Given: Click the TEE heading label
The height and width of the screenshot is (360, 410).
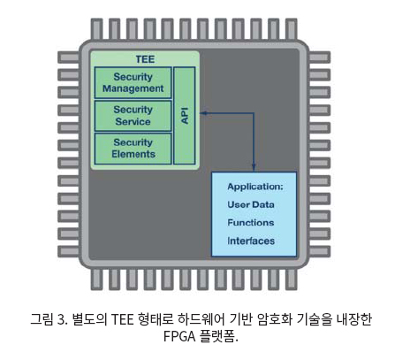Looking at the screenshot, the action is click(145, 59).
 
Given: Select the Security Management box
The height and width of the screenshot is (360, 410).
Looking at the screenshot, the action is click(133, 82).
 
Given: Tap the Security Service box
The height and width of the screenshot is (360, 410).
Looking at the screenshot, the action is click(133, 116).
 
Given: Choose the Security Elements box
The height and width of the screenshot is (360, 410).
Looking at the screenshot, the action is click(133, 149).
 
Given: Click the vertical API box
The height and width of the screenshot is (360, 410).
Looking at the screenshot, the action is click(185, 116).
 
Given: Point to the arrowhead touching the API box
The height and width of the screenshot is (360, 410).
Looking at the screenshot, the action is click(203, 113).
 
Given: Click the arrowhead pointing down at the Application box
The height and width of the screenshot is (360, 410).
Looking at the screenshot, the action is click(254, 167).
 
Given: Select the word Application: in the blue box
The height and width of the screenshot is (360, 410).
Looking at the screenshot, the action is click(255, 187).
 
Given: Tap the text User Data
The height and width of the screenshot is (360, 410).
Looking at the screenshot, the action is click(251, 204).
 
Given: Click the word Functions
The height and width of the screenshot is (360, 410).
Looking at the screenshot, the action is click(251, 223).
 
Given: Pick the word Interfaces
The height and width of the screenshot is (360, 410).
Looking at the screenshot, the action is click(251, 241).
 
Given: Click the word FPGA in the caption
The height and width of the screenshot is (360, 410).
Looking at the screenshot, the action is click(179, 336).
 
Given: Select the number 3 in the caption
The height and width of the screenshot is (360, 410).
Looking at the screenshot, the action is click(60, 319).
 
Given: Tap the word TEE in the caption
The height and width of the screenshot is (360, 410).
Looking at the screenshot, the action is click(123, 319).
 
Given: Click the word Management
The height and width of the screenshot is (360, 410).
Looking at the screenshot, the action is click(133, 88).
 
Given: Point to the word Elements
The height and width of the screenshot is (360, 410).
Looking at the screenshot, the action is click(133, 154).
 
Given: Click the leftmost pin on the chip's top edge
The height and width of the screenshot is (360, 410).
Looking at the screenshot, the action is click(96, 29).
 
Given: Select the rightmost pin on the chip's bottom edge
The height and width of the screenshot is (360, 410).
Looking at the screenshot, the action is click(292, 279).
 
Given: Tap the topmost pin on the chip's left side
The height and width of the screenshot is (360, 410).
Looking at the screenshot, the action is click(68, 57).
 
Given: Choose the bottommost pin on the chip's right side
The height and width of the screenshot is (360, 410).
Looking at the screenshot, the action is click(320, 251).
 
